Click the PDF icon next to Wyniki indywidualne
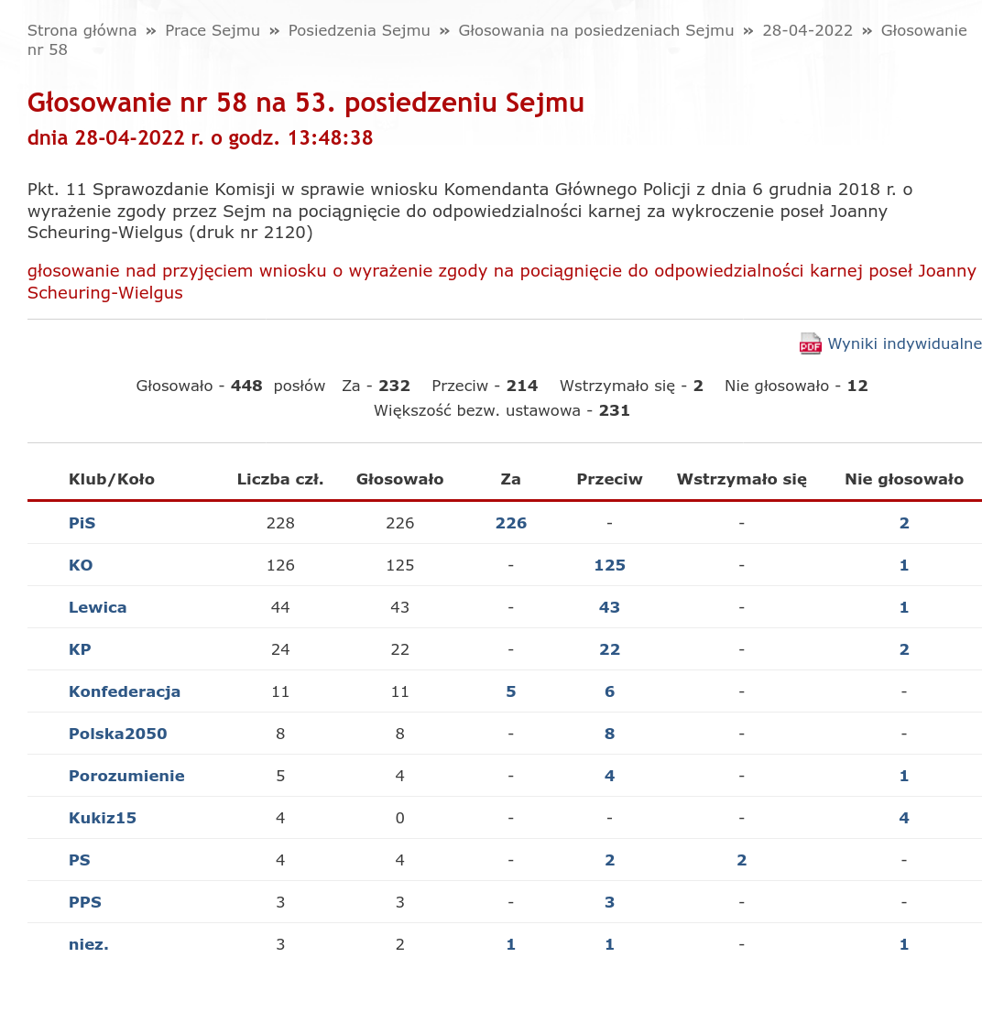tap(810, 343)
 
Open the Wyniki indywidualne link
tap(904, 343)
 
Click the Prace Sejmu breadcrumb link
tap(213, 30)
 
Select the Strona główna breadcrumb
tap(82, 30)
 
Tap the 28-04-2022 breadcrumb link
tap(807, 30)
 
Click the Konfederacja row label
tap(125, 691)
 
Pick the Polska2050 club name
tap(118, 734)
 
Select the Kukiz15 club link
tap(103, 818)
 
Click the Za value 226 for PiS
tap(511, 523)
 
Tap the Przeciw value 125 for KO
tap(609, 565)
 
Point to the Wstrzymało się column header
tap(741, 479)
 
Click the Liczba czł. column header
tap(280, 479)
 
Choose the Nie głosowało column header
tap(904, 479)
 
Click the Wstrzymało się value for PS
tap(741, 860)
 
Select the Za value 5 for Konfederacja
tap(511, 691)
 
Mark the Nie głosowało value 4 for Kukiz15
tap(904, 818)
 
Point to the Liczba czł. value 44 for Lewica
tap(280, 607)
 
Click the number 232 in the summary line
tap(394, 386)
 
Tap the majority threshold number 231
tap(614, 410)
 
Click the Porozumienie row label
tap(126, 776)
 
